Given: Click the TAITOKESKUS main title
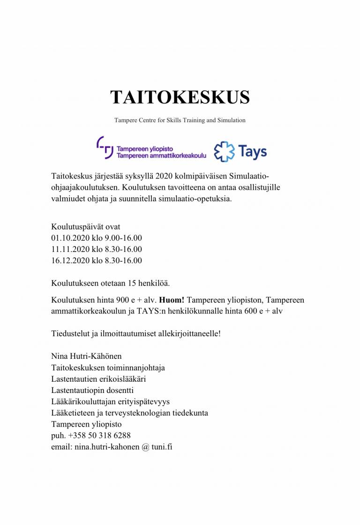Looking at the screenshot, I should point(180,97).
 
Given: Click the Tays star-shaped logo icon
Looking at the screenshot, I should point(223,152).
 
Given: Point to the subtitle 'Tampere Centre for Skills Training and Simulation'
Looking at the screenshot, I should point(180,120).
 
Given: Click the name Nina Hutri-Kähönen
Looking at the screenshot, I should point(87,356).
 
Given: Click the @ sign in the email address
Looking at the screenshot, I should point(145,447).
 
